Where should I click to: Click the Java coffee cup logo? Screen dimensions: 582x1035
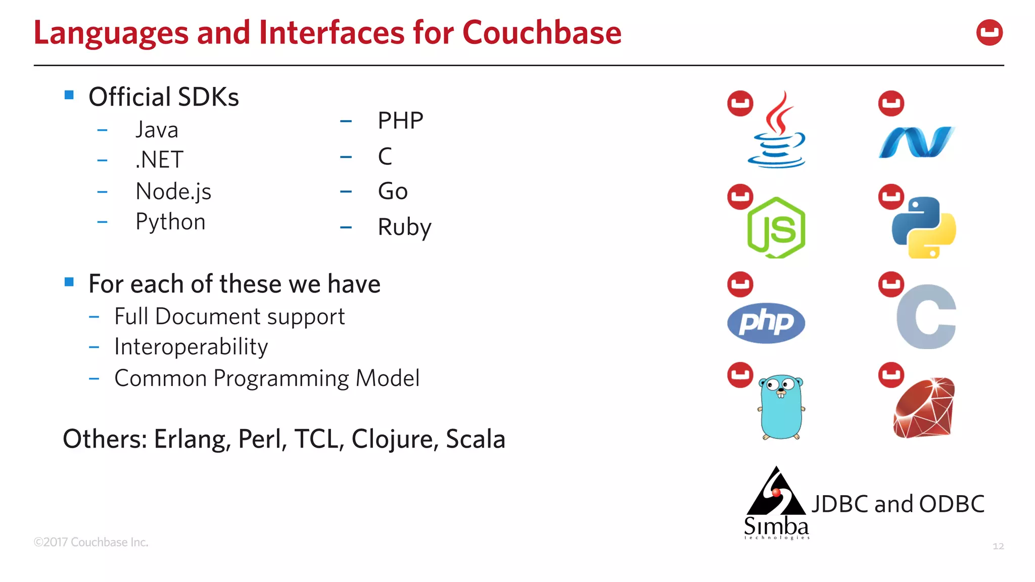click(777, 131)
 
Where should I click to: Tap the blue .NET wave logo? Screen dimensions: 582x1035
click(916, 142)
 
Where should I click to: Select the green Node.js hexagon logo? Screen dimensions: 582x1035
click(776, 228)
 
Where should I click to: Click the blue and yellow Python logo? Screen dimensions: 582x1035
click(924, 228)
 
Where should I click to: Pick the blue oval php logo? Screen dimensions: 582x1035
click(766, 323)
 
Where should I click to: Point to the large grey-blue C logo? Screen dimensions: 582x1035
click(927, 317)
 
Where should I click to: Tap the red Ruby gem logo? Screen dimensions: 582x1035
click(924, 408)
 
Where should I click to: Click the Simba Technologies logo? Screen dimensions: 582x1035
click(776, 503)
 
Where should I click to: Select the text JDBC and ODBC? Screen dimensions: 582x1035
click(898, 504)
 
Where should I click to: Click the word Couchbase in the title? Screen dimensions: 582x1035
click(542, 33)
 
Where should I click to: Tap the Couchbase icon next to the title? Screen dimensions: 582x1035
click(989, 33)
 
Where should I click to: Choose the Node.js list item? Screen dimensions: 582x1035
click(173, 192)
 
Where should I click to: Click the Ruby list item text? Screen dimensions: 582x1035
click(404, 227)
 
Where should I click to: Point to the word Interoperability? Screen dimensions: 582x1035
click(191, 347)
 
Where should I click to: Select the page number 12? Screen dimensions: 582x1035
click(998, 546)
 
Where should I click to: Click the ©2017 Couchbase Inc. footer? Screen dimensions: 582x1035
click(91, 542)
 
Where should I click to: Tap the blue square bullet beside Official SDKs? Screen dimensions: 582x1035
click(69, 95)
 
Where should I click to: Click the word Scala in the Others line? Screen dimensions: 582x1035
click(475, 439)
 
